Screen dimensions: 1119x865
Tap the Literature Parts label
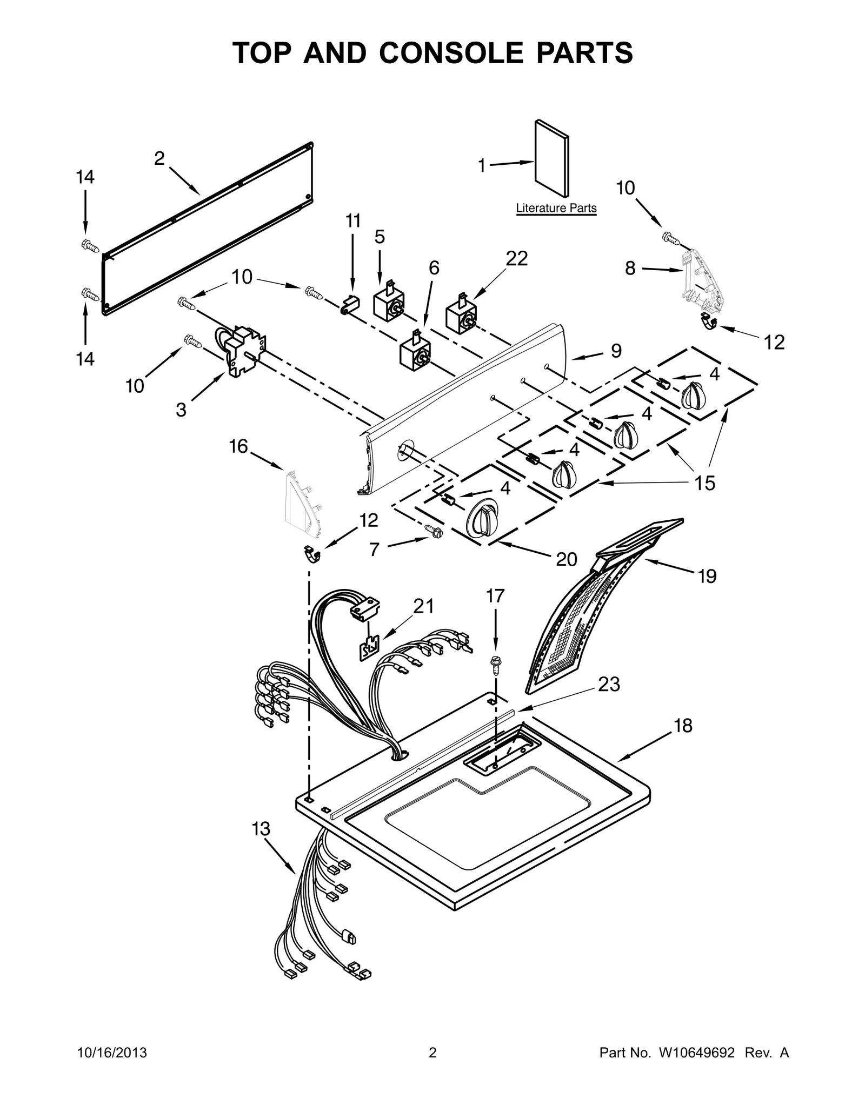tap(556, 208)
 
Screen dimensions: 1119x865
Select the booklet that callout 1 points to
tap(551, 158)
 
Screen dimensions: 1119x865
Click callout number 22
tap(516, 259)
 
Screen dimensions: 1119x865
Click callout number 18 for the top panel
tap(683, 726)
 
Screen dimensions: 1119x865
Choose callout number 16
tap(238, 446)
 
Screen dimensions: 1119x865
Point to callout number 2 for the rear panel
tap(159, 158)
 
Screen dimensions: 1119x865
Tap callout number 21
tap(423, 606)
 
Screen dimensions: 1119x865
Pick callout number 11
tap(353, 221)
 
